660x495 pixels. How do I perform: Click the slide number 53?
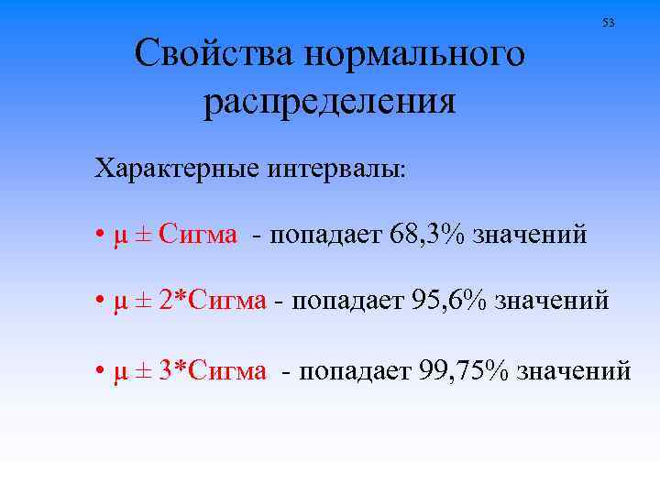[608, 23]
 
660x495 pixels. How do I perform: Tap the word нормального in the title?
[416, 54]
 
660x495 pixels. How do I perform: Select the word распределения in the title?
[330, 102]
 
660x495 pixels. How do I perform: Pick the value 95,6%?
[452, 301]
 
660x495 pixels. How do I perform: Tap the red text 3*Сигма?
[214, 370]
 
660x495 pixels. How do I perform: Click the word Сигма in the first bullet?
[197, 235]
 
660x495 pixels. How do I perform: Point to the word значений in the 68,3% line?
[529, 235]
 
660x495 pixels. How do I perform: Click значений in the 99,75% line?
[574, 370]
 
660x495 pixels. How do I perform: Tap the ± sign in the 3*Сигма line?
[143, 370]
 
